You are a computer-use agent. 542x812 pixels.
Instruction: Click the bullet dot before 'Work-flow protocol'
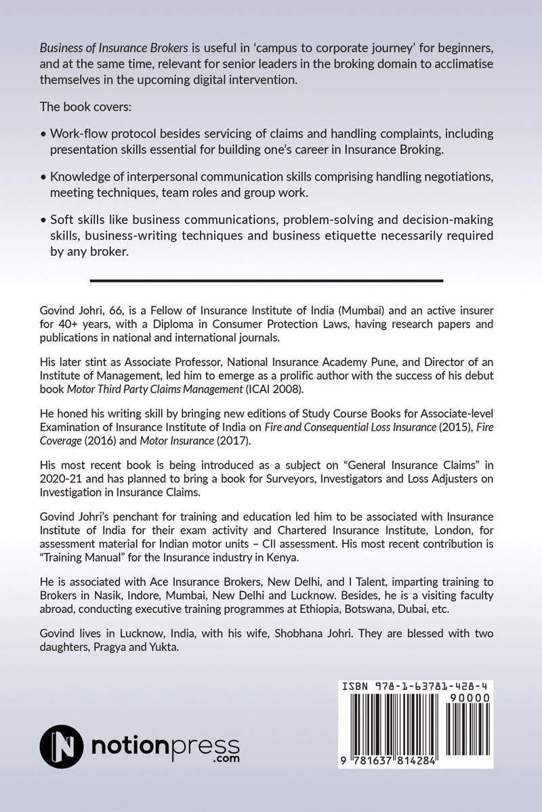(44, 133)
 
